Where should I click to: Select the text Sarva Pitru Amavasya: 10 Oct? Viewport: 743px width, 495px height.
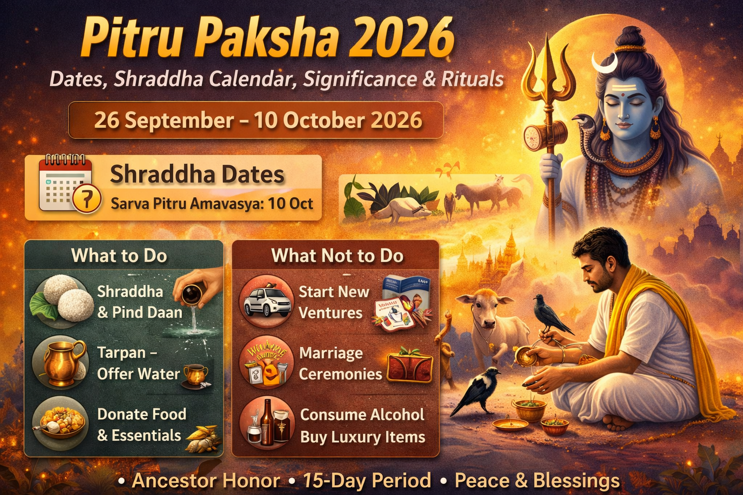click(212, 204)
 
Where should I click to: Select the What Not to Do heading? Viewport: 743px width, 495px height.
click(337, 256)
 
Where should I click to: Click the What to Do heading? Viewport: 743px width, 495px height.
click(119, 256)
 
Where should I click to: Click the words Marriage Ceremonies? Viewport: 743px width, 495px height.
click(340, 364)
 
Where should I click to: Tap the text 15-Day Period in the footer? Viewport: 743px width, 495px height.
click(367, 480)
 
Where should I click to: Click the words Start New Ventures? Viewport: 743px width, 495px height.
click(333, 302)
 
